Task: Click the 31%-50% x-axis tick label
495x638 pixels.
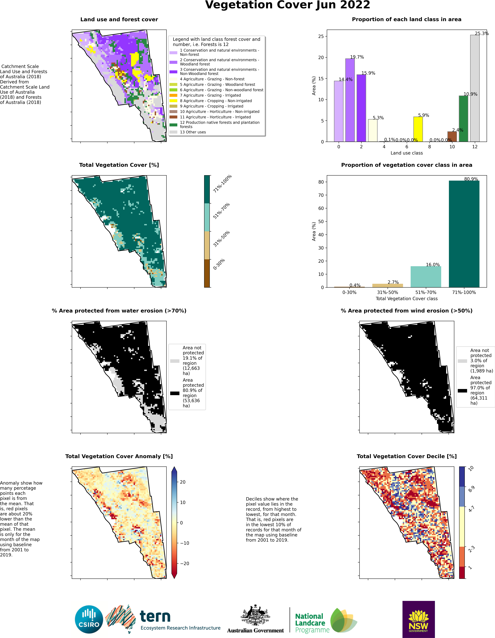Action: [x=387, y=292]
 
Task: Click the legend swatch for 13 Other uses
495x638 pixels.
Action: [x=173, y=132]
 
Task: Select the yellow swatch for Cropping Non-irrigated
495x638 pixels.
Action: [x=173, y=101]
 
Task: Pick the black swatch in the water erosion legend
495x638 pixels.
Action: [x=175, y=393]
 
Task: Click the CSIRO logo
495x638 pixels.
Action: [x=89, y=620]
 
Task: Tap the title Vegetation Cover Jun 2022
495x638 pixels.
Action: [x=288, y=5]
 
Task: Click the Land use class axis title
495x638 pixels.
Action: [x=407, y=153]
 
